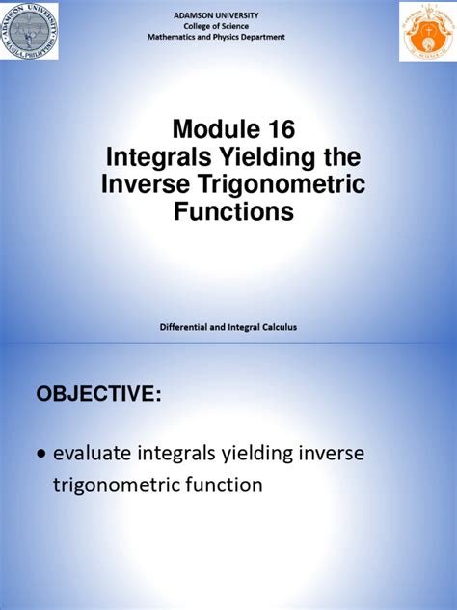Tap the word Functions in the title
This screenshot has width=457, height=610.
coord(228,212)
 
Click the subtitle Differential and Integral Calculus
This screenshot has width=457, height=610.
coord(228,328)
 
